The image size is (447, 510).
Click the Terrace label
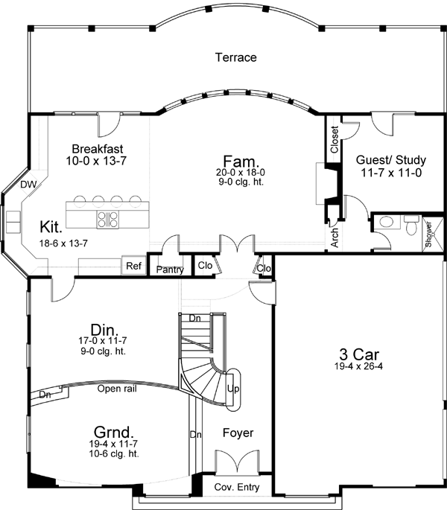point(235,57)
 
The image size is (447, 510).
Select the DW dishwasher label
point(28,184)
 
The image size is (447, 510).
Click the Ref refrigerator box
point(133,266)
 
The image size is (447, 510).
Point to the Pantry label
point(171,270)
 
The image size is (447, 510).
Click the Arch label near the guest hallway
point(334,237)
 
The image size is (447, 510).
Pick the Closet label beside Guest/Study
point(334,140)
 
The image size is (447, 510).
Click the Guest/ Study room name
point(381,159)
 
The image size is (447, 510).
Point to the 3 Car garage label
point(353,353)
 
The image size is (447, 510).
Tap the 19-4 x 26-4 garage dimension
point(354,366)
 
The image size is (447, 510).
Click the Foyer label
point(238,433)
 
